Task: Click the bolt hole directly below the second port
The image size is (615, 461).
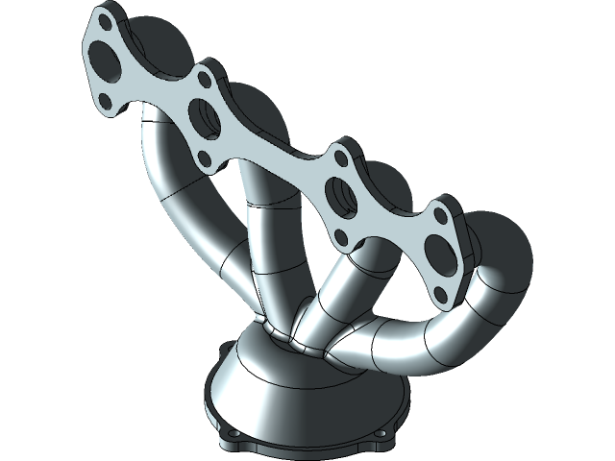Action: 202,154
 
